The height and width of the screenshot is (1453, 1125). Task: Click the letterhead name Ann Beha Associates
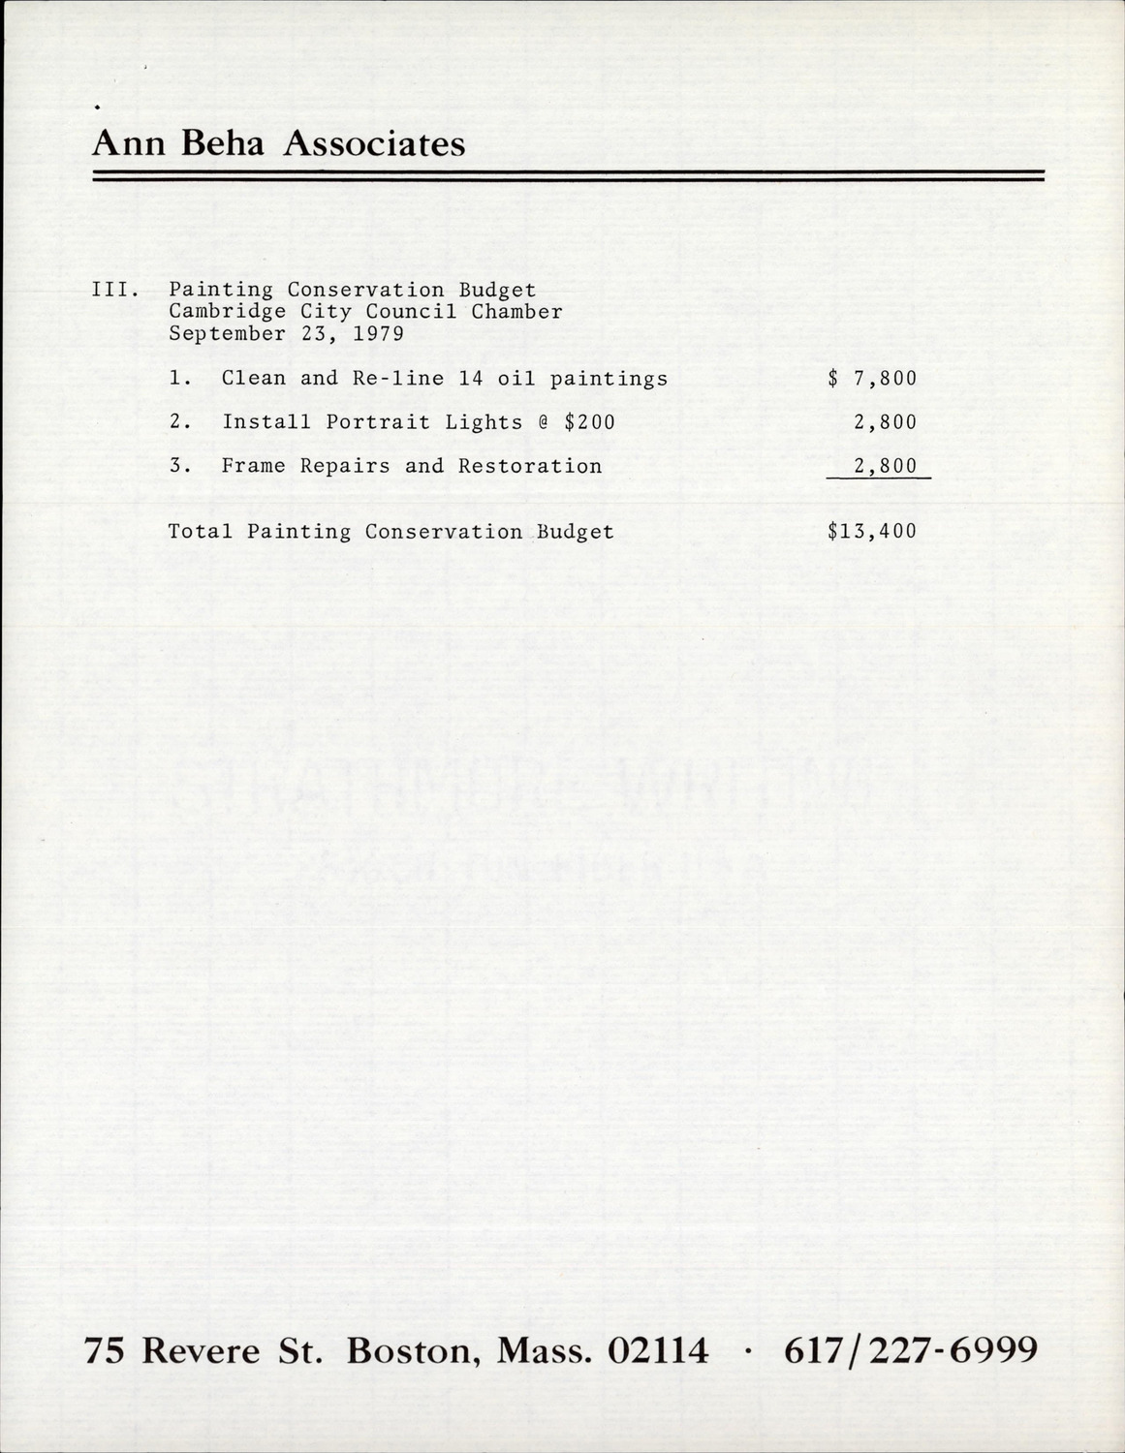coord(279,144)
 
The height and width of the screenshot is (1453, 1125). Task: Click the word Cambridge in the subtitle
coord(213,312)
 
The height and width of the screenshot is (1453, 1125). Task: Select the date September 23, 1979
coord(286,334)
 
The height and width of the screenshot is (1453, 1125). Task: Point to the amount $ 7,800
coord(872,378)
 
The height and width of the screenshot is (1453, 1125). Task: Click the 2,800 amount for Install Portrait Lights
coord(885,422)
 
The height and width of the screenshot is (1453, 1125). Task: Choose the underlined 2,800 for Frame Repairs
coord(885,466)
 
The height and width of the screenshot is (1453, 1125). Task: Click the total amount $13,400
coord(872,531)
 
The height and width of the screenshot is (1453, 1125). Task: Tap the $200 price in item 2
coord(589,422)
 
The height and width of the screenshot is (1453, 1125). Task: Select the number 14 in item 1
coord(471,378)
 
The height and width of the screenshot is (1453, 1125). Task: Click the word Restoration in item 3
coord(530,466)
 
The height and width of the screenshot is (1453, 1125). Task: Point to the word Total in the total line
coord(201,532)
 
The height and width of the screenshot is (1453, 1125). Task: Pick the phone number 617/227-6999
coord(911,1349)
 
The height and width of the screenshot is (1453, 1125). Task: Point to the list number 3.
coord(177,466)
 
